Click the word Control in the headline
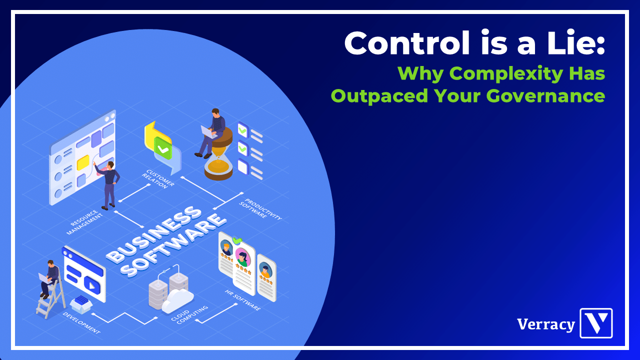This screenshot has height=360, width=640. [x=407, y=43]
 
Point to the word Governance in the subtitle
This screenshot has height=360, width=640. [x=545, y=95]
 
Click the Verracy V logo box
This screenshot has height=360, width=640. [x=596, y=323]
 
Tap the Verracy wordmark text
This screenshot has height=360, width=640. [x=546, y=324]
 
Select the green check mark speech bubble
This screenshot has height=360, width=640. [x=163, y=147]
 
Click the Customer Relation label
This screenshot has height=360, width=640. [x=158, y=179]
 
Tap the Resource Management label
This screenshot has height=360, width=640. [x=84, y=222]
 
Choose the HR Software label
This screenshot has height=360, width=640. [x=243, y=300]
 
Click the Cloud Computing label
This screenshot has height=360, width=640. [x=189, y=315]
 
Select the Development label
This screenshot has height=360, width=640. [x=81, y=323]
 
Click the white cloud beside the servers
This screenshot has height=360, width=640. [x=177, y=301]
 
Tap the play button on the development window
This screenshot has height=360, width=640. [x=92, y=285]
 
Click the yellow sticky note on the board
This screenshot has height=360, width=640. [x=83, y=162]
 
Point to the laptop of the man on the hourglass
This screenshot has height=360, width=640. [x=208, y=132]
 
